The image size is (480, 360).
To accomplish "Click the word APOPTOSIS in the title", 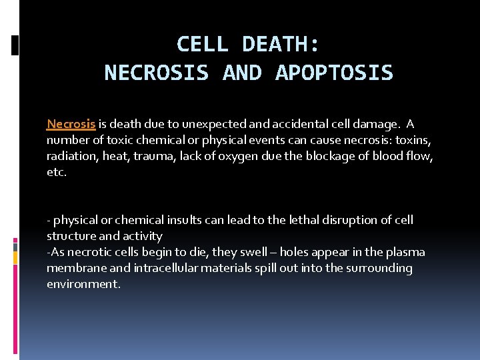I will (334, 73).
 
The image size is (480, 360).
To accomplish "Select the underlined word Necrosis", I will (71, 124).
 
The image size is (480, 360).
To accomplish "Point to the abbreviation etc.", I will (56, 172).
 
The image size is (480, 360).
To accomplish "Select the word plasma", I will (405, 252).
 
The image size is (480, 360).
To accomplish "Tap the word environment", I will (83, 284).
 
